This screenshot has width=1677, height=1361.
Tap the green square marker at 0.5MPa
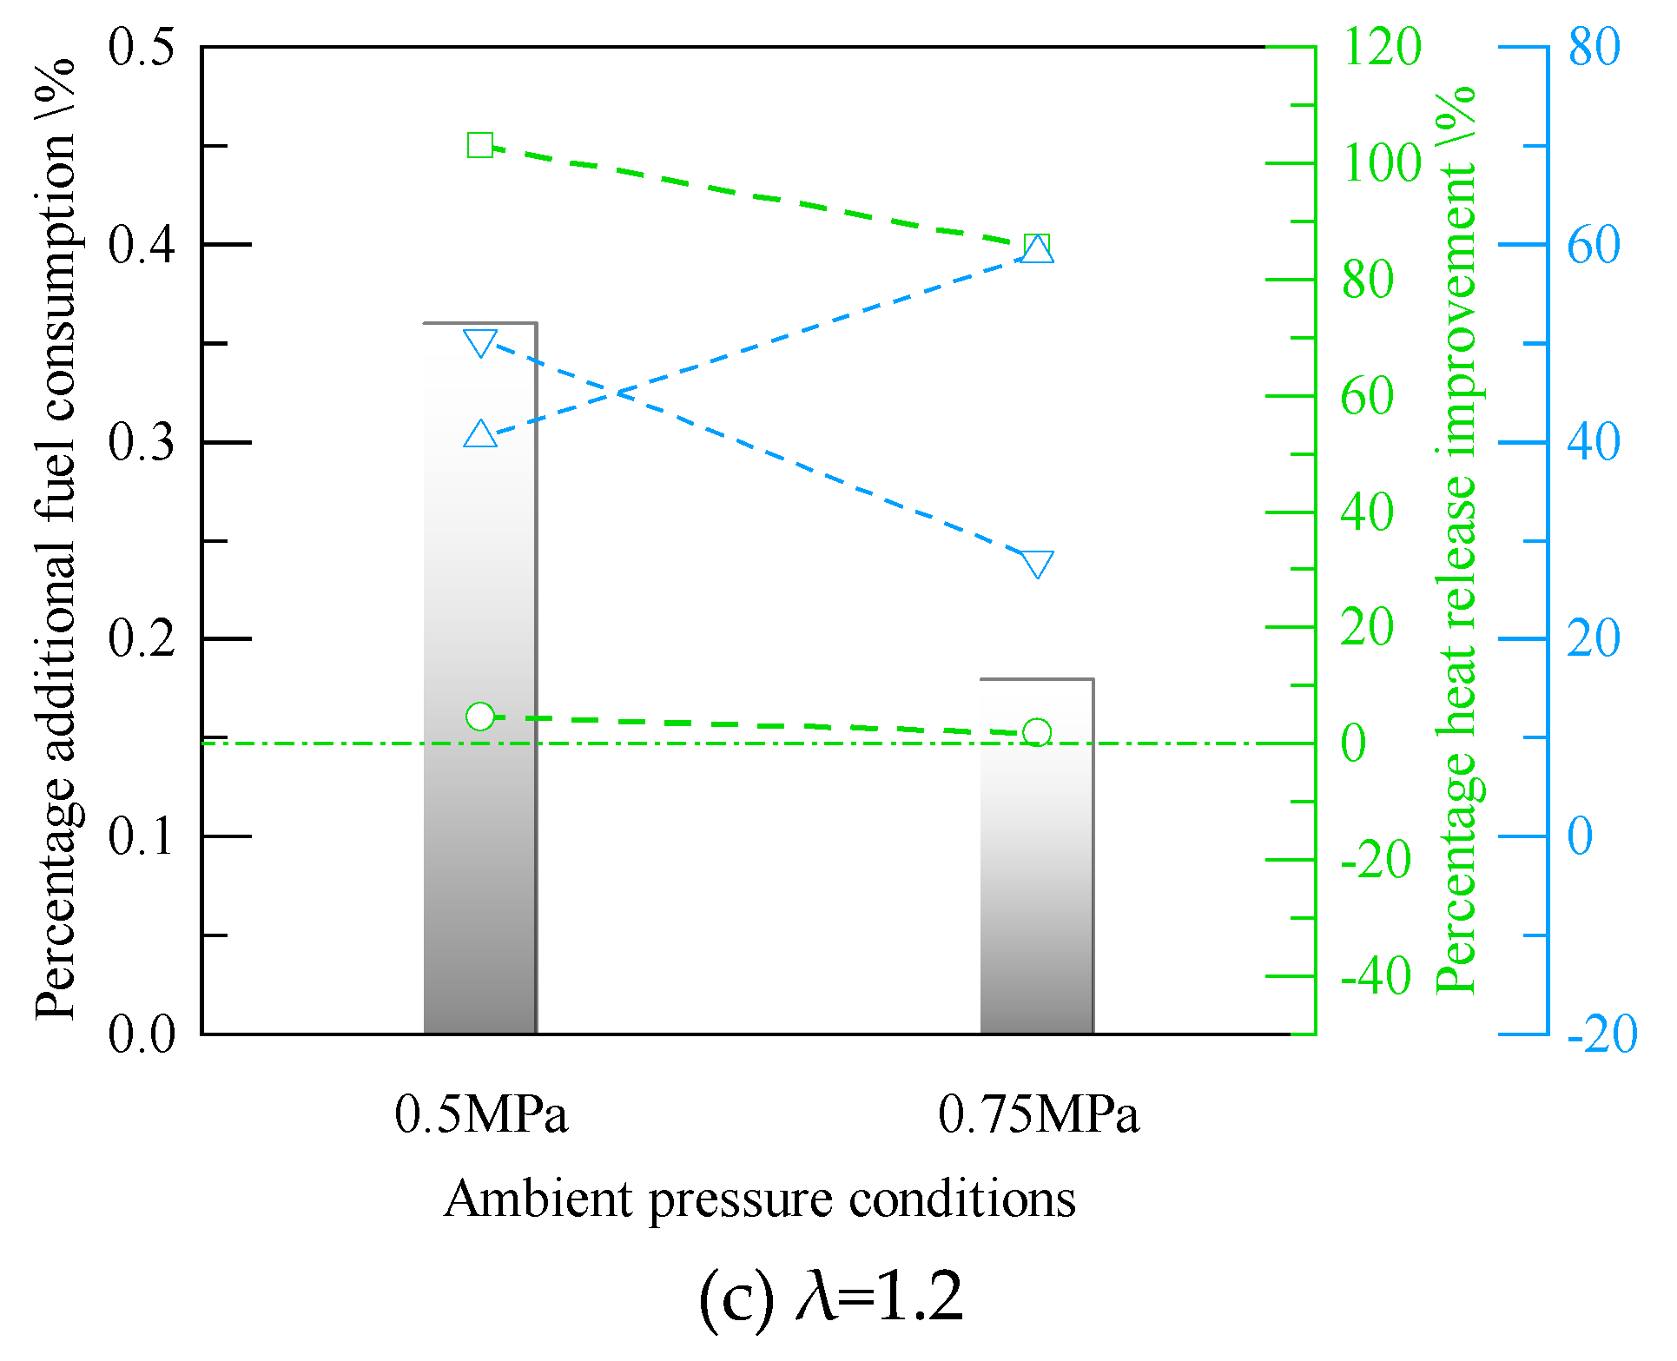(x=480, y=145)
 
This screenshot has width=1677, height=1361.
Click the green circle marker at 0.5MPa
(x=480, y=717)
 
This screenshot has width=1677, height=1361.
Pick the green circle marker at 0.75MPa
(x=1037, y=732)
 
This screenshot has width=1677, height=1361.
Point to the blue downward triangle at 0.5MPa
(x=480, y=343)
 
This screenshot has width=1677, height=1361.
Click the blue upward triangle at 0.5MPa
(x=480, y=434)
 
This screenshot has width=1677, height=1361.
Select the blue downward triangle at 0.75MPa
(x=1037, y=564)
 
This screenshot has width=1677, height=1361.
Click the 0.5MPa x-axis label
(x=480, y=1114)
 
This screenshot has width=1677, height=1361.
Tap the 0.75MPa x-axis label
(x=1038, y=1114)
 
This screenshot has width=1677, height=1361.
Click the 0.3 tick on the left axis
(x=142, y=442)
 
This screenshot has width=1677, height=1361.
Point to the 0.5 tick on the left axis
(x=142, y=46)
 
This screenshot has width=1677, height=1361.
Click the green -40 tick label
(x=1376, y=975)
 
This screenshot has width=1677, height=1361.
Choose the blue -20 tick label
(x=1601, y=1034)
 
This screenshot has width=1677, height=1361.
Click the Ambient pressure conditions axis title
(x=759, y=1200)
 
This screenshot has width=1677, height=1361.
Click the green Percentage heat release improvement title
(x=1456, y=538)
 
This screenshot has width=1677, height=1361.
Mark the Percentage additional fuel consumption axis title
(x=56, y=538)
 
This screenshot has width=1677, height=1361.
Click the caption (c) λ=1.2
(x=831, y=1298)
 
